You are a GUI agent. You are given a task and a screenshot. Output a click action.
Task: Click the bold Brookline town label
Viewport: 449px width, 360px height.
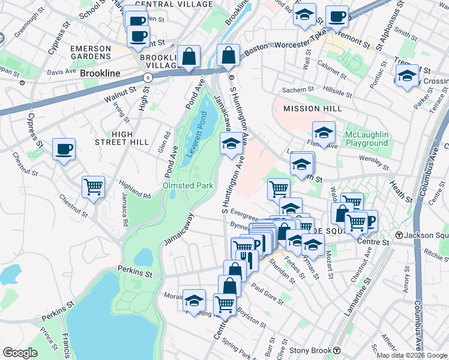tap(100, 73)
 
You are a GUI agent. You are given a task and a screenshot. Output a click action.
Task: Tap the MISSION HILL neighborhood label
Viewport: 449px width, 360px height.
tap(312, 109)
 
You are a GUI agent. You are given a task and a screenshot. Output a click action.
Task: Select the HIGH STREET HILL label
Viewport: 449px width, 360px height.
tap(122, 137)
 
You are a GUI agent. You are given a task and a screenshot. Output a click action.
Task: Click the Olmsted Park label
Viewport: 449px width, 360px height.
tap(188, 186)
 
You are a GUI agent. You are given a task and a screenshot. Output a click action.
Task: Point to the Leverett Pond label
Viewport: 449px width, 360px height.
tap(198, 134)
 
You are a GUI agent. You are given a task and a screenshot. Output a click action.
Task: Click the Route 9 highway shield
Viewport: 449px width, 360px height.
tap(146, 77)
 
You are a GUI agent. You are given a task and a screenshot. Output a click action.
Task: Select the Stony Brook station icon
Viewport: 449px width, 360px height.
tap(337, 350)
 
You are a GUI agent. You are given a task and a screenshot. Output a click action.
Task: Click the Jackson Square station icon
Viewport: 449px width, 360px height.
tap(399, 235)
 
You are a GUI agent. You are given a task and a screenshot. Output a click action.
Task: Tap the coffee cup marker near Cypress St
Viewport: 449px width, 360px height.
tap(64, 149)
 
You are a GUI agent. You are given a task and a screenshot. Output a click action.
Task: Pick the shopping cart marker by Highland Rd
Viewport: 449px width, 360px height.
tap(94, 187)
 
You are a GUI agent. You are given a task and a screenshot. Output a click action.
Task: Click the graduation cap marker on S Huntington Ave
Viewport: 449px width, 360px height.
tap(231, 143)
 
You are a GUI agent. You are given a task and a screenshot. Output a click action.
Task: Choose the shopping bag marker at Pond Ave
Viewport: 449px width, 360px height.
tap(189, 56)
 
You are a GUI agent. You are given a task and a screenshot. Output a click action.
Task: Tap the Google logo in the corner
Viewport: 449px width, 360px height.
tap(20, 353)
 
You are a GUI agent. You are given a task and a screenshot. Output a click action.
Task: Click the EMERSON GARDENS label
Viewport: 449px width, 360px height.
tap(91, 52)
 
